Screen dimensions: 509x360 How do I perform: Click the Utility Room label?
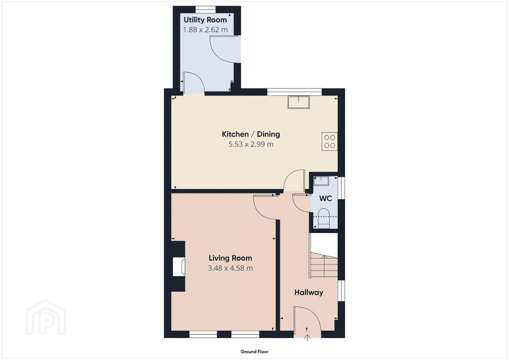coord(205,20)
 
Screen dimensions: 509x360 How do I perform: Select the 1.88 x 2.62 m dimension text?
coord(205,30)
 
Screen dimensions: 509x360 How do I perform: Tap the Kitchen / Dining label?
coord(251,134)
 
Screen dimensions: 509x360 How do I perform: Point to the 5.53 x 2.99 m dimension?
coord(251,145)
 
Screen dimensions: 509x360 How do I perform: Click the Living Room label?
coord(230,258)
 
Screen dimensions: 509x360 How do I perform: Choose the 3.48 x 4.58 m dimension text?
coord(230,268)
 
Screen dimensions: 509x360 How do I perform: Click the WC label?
coord(326,198)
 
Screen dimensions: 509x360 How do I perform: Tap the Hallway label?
coord(309,292)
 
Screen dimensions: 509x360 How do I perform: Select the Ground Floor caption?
coord(254,352)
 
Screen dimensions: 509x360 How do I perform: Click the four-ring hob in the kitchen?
coord(330,142)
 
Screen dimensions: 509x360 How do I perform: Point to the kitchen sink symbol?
coord(299,102)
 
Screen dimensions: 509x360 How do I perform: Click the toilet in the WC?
coord(323,218)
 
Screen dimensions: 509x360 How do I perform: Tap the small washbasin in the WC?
coord(322,181)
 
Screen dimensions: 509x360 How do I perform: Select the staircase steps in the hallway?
coord(324,265)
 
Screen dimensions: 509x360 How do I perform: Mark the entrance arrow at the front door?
coord(307,338)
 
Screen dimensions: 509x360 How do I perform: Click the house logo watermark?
coord(46,317)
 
